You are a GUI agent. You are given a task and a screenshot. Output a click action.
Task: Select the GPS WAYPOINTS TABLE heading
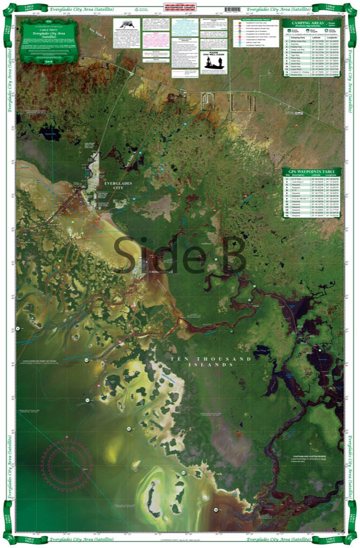click(x=311, y=171)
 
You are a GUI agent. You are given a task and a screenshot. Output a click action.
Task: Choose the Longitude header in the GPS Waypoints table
click(x=333, y=176)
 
